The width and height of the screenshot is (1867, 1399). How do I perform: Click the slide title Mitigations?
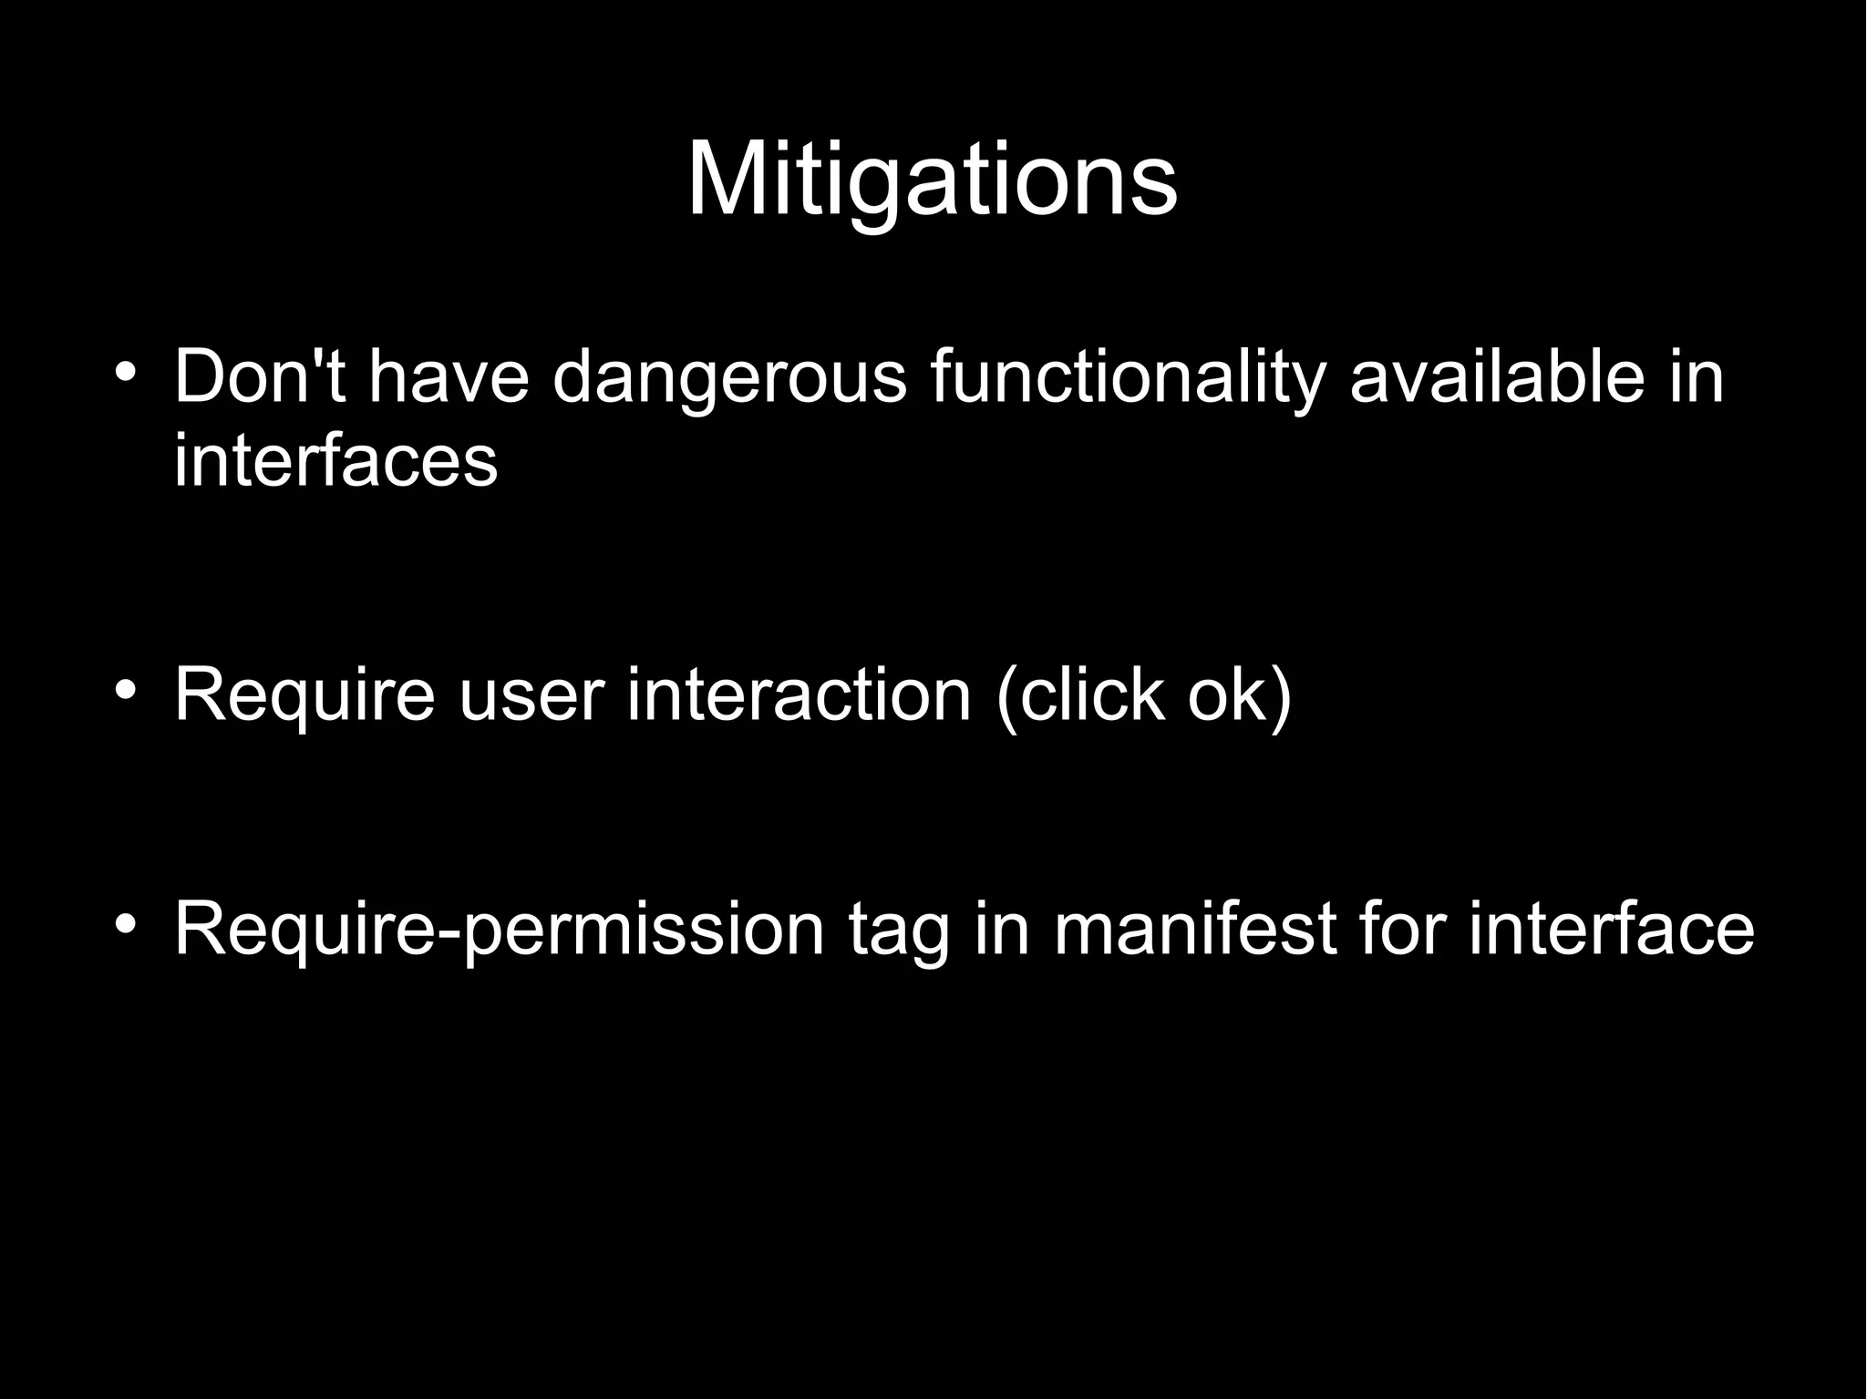pos(932,180)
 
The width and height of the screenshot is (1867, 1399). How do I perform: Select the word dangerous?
pos(730,378)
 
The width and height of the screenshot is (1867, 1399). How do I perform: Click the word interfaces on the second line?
pos(335,460)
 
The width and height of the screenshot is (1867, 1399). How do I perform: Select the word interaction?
pos(799,695)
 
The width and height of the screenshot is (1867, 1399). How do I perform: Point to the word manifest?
pos(1195,930)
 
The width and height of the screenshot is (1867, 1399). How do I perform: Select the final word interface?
pos(1611,930)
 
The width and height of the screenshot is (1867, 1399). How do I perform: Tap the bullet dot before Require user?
pos(126,689)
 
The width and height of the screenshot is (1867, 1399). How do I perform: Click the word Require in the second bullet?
pos(304,697)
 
